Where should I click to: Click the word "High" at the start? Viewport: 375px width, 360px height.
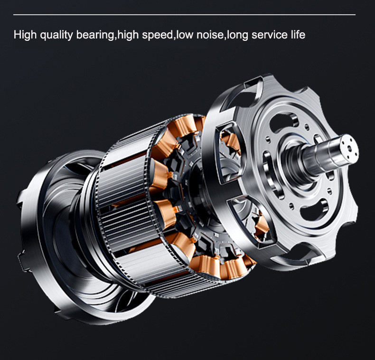tap(25, 35)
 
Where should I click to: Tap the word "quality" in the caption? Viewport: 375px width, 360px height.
tap(56, 36)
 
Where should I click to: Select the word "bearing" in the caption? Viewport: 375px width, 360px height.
tap(95, 36)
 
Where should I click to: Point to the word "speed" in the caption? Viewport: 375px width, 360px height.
tap(157, 36)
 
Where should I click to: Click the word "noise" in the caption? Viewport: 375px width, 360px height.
tap(210, 35)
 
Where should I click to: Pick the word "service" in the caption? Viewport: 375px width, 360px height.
tap(270, 35)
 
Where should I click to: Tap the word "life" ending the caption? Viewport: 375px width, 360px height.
tap(298, 35)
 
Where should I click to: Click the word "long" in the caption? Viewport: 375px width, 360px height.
tap(237, 36)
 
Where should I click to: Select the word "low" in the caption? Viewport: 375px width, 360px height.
tap(185, 35)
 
